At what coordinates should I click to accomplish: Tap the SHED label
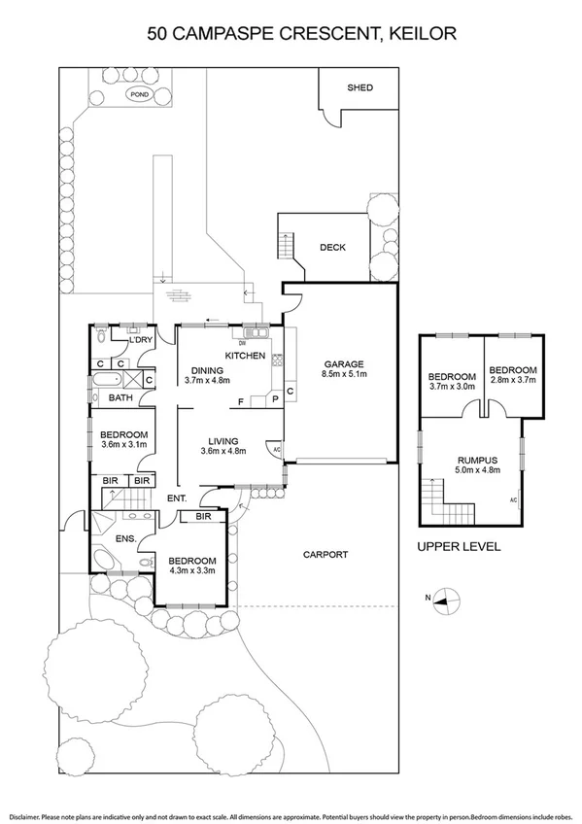click(x=359, y=87)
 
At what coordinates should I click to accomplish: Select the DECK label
click(x=332, y=247)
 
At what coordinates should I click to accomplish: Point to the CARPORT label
click(x=325, y=555)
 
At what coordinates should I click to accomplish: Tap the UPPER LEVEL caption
click(x=459, y=547)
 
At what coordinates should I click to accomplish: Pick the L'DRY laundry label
click(x=141, y=338)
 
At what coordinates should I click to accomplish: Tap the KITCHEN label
click(x=245, y=357)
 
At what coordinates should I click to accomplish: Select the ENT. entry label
click(x=176, y=498)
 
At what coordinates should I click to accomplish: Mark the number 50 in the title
click(x=157, y=34)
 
